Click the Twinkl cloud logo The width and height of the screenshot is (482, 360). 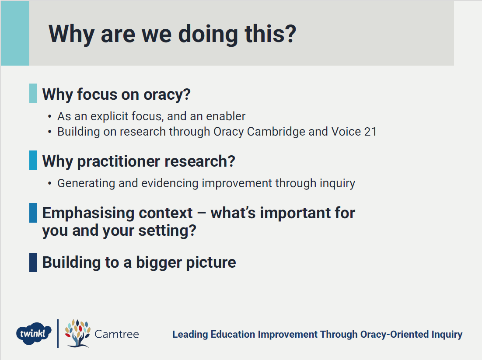[34, 334]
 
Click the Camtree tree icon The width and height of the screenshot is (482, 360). [77, 334]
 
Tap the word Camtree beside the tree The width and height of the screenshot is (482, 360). [116, 334]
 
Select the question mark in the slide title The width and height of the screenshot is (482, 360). [290, 34]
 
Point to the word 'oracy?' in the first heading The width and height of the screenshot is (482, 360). [167, 94]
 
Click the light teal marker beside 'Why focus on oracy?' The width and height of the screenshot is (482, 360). [33, 93]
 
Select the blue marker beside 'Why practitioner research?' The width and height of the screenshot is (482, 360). [33, 160]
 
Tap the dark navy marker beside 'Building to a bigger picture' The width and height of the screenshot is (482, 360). [33, 262]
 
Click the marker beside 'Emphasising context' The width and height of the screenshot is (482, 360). [33, 213]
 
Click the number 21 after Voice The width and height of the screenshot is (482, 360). [370, 132]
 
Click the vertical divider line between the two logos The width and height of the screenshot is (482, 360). [58, 334]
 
